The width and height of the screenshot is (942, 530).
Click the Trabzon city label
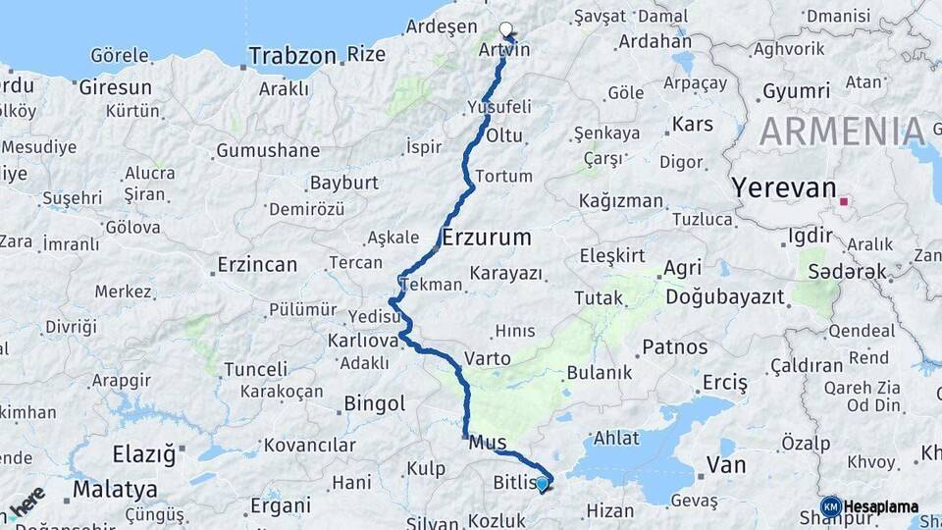(291, 55)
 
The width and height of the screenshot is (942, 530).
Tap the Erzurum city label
(487, 237)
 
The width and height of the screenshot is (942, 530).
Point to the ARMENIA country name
(842, 131)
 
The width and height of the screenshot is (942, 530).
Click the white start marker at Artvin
(506, 29)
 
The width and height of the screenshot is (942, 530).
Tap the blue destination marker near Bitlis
(542, 483)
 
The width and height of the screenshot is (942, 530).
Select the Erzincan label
(257, 265)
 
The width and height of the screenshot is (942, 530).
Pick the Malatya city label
(115, 488)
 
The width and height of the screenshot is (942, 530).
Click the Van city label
(726, 464)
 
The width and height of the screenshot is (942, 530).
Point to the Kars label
(692, 125)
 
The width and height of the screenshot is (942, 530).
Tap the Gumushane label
(268, 150)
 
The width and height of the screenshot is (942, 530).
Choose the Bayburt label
(343, 183)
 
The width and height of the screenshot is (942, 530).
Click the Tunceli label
(256, 369)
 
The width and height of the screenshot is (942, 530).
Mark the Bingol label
(374, 403)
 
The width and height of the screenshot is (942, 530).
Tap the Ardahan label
(654, 42)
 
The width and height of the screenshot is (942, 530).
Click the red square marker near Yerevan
(845, 204)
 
